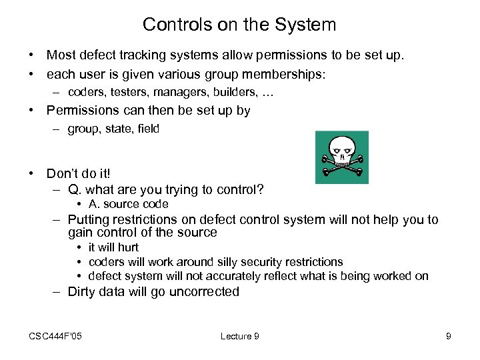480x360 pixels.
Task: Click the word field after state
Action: [147, 129]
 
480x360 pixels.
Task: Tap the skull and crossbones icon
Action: [341, 157]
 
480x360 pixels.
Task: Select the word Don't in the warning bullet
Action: [64, 173]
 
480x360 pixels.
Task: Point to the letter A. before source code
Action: [94, 204]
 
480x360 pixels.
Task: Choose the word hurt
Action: [126, 247]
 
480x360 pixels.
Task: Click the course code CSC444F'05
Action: [55, 336]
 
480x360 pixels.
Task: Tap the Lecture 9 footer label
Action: [239, 336]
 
